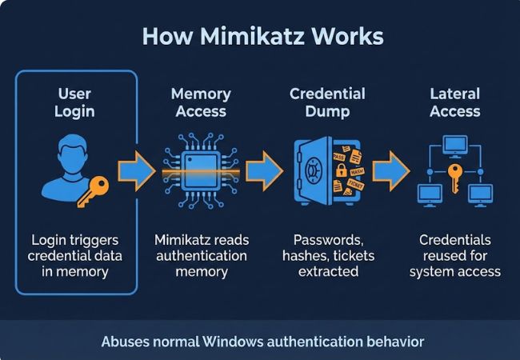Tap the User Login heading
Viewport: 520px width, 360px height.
(74, 102)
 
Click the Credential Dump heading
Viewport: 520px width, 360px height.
(328, 102)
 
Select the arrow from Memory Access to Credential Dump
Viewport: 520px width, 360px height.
(263, 170)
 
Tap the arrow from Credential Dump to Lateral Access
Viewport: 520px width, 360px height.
(391, 170)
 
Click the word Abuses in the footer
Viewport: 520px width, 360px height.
(126, 342)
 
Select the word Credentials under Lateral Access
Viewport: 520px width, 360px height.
(454, 239)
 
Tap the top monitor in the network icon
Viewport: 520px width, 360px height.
(454, 144)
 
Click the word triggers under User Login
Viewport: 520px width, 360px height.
(100, 239)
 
